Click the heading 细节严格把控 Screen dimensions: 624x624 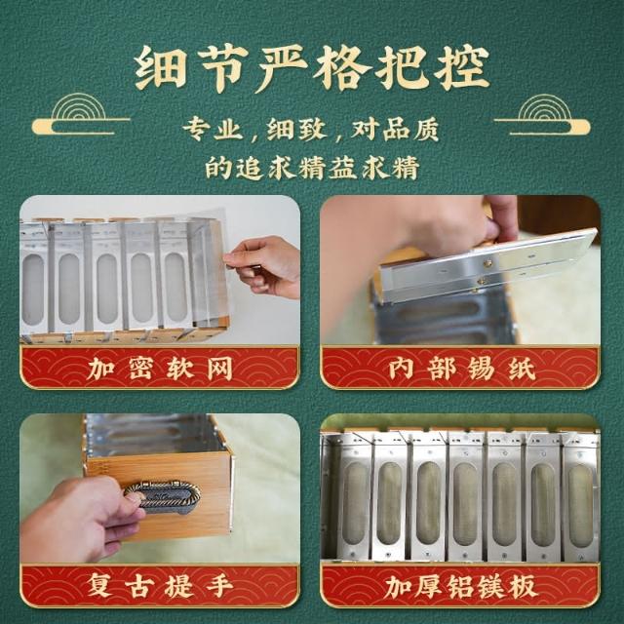tap(312, 67)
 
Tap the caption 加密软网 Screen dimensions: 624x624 tap(160, 369)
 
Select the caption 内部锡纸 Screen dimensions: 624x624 tap(461, 369)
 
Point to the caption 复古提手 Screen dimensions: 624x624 tap(160, 585)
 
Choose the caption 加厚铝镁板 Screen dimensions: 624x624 tap(461, 585)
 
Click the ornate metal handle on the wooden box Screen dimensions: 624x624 tap(163, 497)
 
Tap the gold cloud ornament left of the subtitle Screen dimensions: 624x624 tap(81, 114)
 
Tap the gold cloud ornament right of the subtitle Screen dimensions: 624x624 tap(542, 114)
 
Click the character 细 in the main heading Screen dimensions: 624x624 tap(160, 68)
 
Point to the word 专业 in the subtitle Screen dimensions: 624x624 tap(213, 129)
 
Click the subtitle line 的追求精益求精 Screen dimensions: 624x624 tap(312, 167)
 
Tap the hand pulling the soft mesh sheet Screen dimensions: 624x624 tap(263, 266)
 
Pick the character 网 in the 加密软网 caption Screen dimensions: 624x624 tap(219, 369)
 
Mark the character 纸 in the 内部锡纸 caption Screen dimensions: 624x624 tap(523, 369)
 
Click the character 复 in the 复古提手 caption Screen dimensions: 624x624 tap(99, 585)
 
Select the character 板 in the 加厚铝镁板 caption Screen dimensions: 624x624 tap(524, 585)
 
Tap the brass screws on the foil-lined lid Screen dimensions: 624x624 tap(484, 273)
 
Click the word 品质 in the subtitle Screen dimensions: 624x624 tap(410, 129)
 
